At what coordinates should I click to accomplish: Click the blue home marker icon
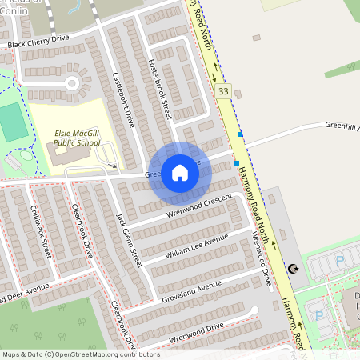coord(180,173)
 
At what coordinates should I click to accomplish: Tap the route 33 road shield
coord(224,93)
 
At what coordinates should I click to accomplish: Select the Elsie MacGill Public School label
coord(78,138)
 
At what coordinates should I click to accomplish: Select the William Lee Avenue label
coord(197,246)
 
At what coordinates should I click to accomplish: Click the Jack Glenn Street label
coord(129,239)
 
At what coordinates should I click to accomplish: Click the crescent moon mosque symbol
coord(292,270)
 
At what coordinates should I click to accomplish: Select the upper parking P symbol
coord(340,260)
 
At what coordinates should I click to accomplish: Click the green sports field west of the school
coord(12,121)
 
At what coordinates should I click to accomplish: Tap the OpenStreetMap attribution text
coord(80,354)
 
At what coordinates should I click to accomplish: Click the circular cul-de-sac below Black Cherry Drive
coord(72,82)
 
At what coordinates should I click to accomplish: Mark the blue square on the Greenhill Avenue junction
coord(240,134)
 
